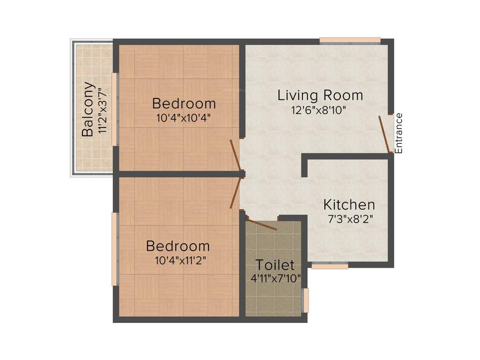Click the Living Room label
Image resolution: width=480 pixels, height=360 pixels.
[x=320, y=96]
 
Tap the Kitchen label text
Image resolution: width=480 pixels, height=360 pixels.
[x=349, y=205]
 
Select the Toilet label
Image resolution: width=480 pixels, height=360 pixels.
[x=275, y=265]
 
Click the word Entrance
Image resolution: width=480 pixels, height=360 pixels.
[x=399, y=133]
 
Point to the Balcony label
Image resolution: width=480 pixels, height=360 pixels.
[x=88, y=109]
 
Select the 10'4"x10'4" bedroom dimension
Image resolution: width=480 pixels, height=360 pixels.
[x=184, y=118]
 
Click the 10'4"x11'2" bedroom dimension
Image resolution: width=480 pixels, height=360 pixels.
[x=178, y=260]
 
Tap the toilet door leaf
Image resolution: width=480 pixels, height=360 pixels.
[x=262, y=225]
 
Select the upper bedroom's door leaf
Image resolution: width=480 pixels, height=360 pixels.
[x=235, y=155]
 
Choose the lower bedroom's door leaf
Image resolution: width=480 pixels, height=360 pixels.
[x=235, y=193]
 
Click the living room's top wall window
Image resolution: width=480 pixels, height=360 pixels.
[x=350, y=41]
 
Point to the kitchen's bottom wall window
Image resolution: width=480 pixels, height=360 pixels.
[x=330, y=266]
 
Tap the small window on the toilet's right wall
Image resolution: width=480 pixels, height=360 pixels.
[x=306, y=300]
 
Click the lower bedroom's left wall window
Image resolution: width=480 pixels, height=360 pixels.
[x=114, y=249]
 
